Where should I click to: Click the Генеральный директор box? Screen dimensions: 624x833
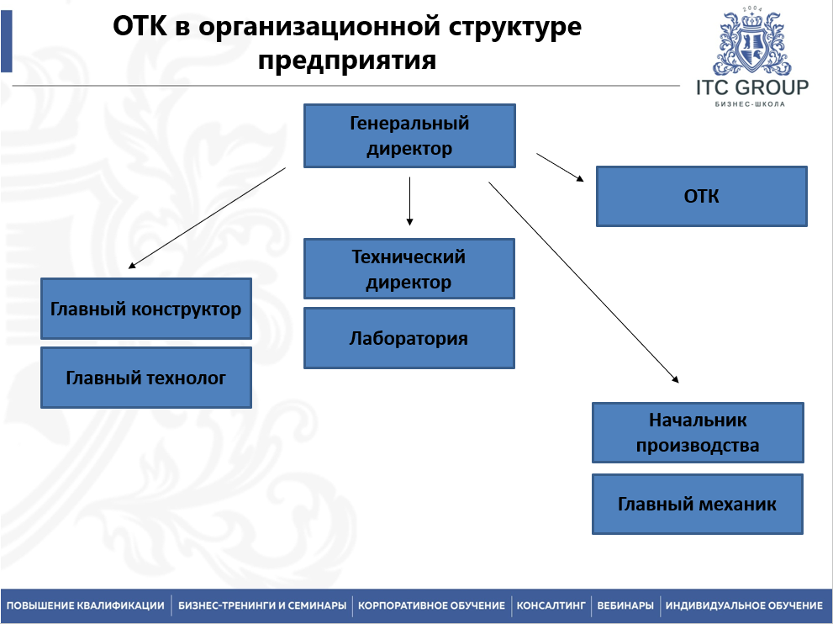pyautogui.click(x=409, y=136)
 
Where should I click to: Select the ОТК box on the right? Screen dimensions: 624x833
pyautogui.click(x=701, y=196)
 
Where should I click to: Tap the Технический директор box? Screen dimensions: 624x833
pyautogui.click(x=409, y=269)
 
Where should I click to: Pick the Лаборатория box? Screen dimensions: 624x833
pyautogui.click(x=409, y=338)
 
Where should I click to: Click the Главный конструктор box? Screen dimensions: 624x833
pyautogui.click(x=146, y=309)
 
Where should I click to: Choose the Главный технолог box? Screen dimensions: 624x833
pyautogui.click(x=146, y=378)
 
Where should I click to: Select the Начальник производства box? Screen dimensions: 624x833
pyautogui.click(x=698, y=432)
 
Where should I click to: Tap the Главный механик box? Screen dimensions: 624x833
pyautogui.click(x=698, y=505)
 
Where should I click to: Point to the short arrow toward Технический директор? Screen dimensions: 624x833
pyautogui.click(x=409, y=201)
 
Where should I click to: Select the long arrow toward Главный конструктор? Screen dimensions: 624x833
pyautogui.click(x=208, y=218)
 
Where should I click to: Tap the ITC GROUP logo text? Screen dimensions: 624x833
pyautogui.click(x=751, y=87)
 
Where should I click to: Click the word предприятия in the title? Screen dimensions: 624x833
pyautogui.click(x=347, y=61)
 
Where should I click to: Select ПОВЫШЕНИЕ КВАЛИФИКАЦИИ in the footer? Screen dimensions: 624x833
pyautogui.click(x=86, y=605)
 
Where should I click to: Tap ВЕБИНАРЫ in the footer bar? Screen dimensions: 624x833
pyautogui.click(x=625, y=605)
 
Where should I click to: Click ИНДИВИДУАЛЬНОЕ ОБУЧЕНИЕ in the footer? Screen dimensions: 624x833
pyautogui.click(x=744, y=605)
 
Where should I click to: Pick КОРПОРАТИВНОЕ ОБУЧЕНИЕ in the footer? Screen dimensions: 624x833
pyautogui.click(x=431, y=605)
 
